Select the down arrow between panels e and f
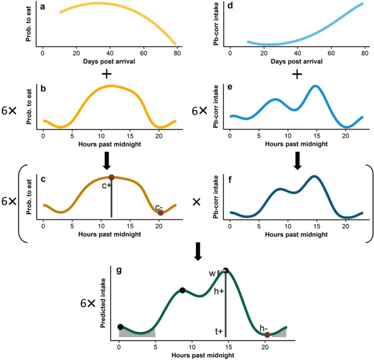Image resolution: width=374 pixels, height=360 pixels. (x=297, y=158)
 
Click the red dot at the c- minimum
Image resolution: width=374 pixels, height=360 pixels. (x=161, y=213)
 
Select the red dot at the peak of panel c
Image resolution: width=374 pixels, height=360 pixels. (x=111, y=177)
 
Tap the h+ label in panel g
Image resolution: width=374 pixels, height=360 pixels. (x=218, y=291)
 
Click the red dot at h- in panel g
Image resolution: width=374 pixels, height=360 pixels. (x=267, y=334)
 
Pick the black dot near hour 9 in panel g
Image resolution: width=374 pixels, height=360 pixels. (x=182, y=290)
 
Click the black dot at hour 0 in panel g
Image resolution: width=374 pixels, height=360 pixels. (x=120, y=327)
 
